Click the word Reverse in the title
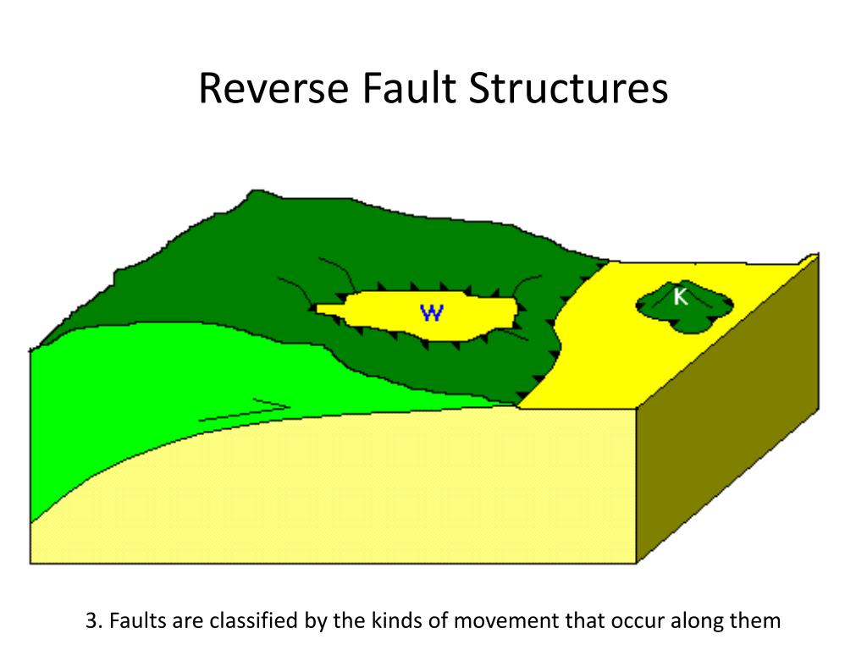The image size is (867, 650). pyautogui.click(x=268, y=89)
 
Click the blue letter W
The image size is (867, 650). pyautogui.click(x=432, y=313)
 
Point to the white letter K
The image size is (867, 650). pyautogui.click(x=680, y=296)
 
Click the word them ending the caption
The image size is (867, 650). pyautogui.click(x=758, y=621)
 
